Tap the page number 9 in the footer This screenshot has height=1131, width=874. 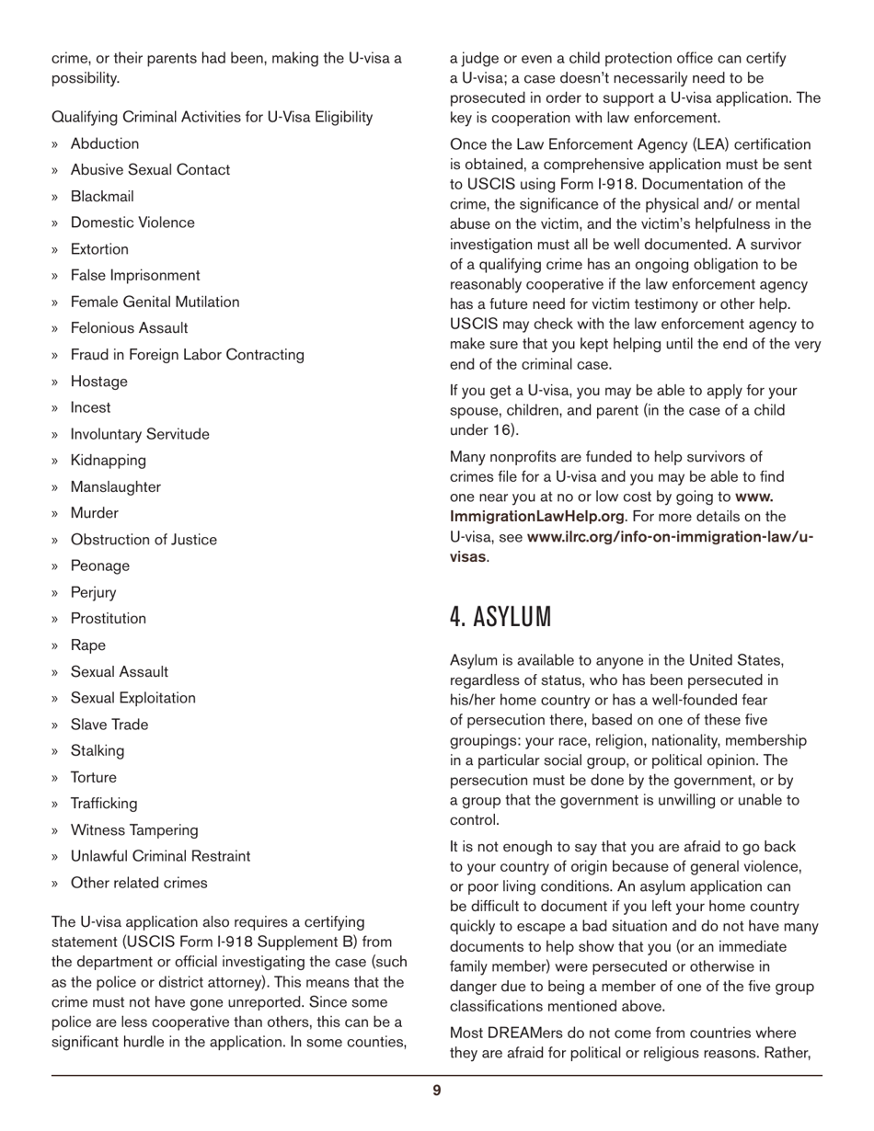pos(437,1091)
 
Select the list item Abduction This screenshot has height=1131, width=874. pos(105,143)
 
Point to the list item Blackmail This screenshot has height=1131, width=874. pos(102,196)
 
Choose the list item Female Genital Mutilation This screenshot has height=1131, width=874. pos(155,302)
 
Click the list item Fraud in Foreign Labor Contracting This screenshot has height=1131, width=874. pos(187,354)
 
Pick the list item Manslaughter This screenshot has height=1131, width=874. pos(115,486)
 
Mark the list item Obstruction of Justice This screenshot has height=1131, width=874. pos(144,540)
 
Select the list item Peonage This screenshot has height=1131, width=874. pos(99,565)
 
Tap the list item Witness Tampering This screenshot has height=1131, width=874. pos(134,830)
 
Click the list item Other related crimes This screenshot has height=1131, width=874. pos(139,883)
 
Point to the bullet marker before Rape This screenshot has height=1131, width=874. pos(55,645)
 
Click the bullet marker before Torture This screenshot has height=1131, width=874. pos(55,778)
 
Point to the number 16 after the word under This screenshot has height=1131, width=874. pos(496,430)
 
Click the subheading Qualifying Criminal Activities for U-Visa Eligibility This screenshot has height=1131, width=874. pos(212,117)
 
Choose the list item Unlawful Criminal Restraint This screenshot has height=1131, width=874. pos(160,856)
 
